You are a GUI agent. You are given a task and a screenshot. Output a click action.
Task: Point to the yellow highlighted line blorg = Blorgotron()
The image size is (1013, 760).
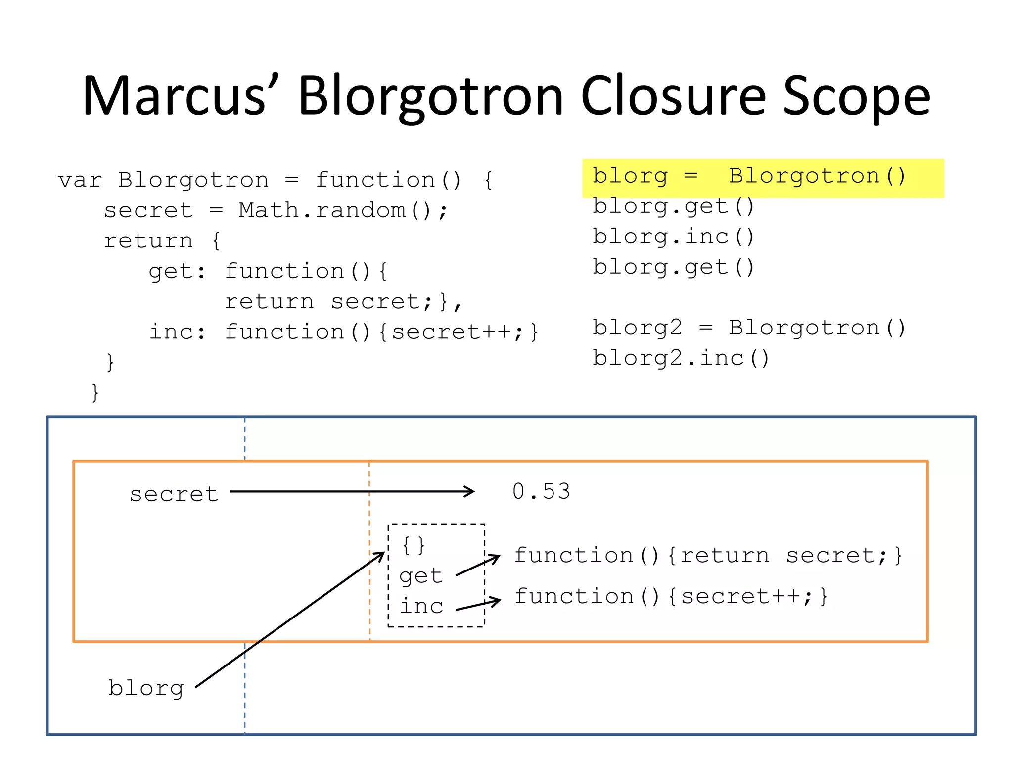pyautogui.click(x=749, y=177)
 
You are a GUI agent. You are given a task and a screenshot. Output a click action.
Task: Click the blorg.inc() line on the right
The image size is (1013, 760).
pyautogui.click(x=673, y=237)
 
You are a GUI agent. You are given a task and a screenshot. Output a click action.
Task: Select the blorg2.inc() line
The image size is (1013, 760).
pyautogui.click(x=681, y=358)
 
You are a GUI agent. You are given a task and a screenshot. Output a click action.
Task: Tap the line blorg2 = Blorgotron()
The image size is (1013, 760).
pyautogui.click(x=749, y=328)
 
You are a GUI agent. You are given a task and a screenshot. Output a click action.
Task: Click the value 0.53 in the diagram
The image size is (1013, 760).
pyautogui.click(x=541, y=492)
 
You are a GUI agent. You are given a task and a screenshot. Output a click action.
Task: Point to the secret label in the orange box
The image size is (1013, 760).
pyautogui.click(x=174, y=494)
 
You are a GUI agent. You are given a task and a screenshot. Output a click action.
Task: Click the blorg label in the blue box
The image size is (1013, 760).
pyautogui.click(x=146, y=688)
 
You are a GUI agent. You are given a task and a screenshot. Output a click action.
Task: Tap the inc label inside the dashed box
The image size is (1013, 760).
pyautogui.click(x=421, y=606)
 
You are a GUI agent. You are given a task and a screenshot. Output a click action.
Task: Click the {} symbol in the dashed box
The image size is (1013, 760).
pyautogui.click(x=414, y=545)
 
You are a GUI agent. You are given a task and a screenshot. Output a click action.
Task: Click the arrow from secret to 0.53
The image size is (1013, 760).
pyautogui.click(x=351, y=491)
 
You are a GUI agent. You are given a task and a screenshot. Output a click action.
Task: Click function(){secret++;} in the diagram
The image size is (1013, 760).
pyautogui.click(x=671, y=596)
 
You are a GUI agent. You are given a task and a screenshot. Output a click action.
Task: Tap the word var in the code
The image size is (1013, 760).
pyautogui.click(x=80, y=180)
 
